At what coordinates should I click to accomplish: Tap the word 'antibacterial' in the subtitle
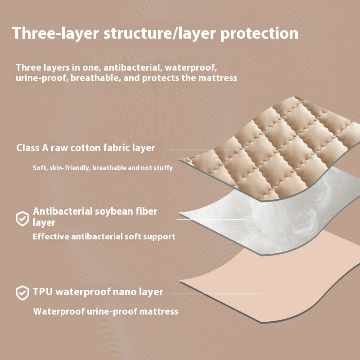(133, 67)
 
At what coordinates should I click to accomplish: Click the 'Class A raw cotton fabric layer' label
(85, 148)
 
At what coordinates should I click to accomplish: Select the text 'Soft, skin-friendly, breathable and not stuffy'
(103, 167)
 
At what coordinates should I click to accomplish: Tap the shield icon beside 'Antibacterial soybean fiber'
(22, 219)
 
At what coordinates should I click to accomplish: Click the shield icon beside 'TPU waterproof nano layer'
(22, 293)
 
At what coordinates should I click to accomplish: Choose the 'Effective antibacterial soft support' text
(104, 236)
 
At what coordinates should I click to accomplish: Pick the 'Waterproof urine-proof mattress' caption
(106, 311)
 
